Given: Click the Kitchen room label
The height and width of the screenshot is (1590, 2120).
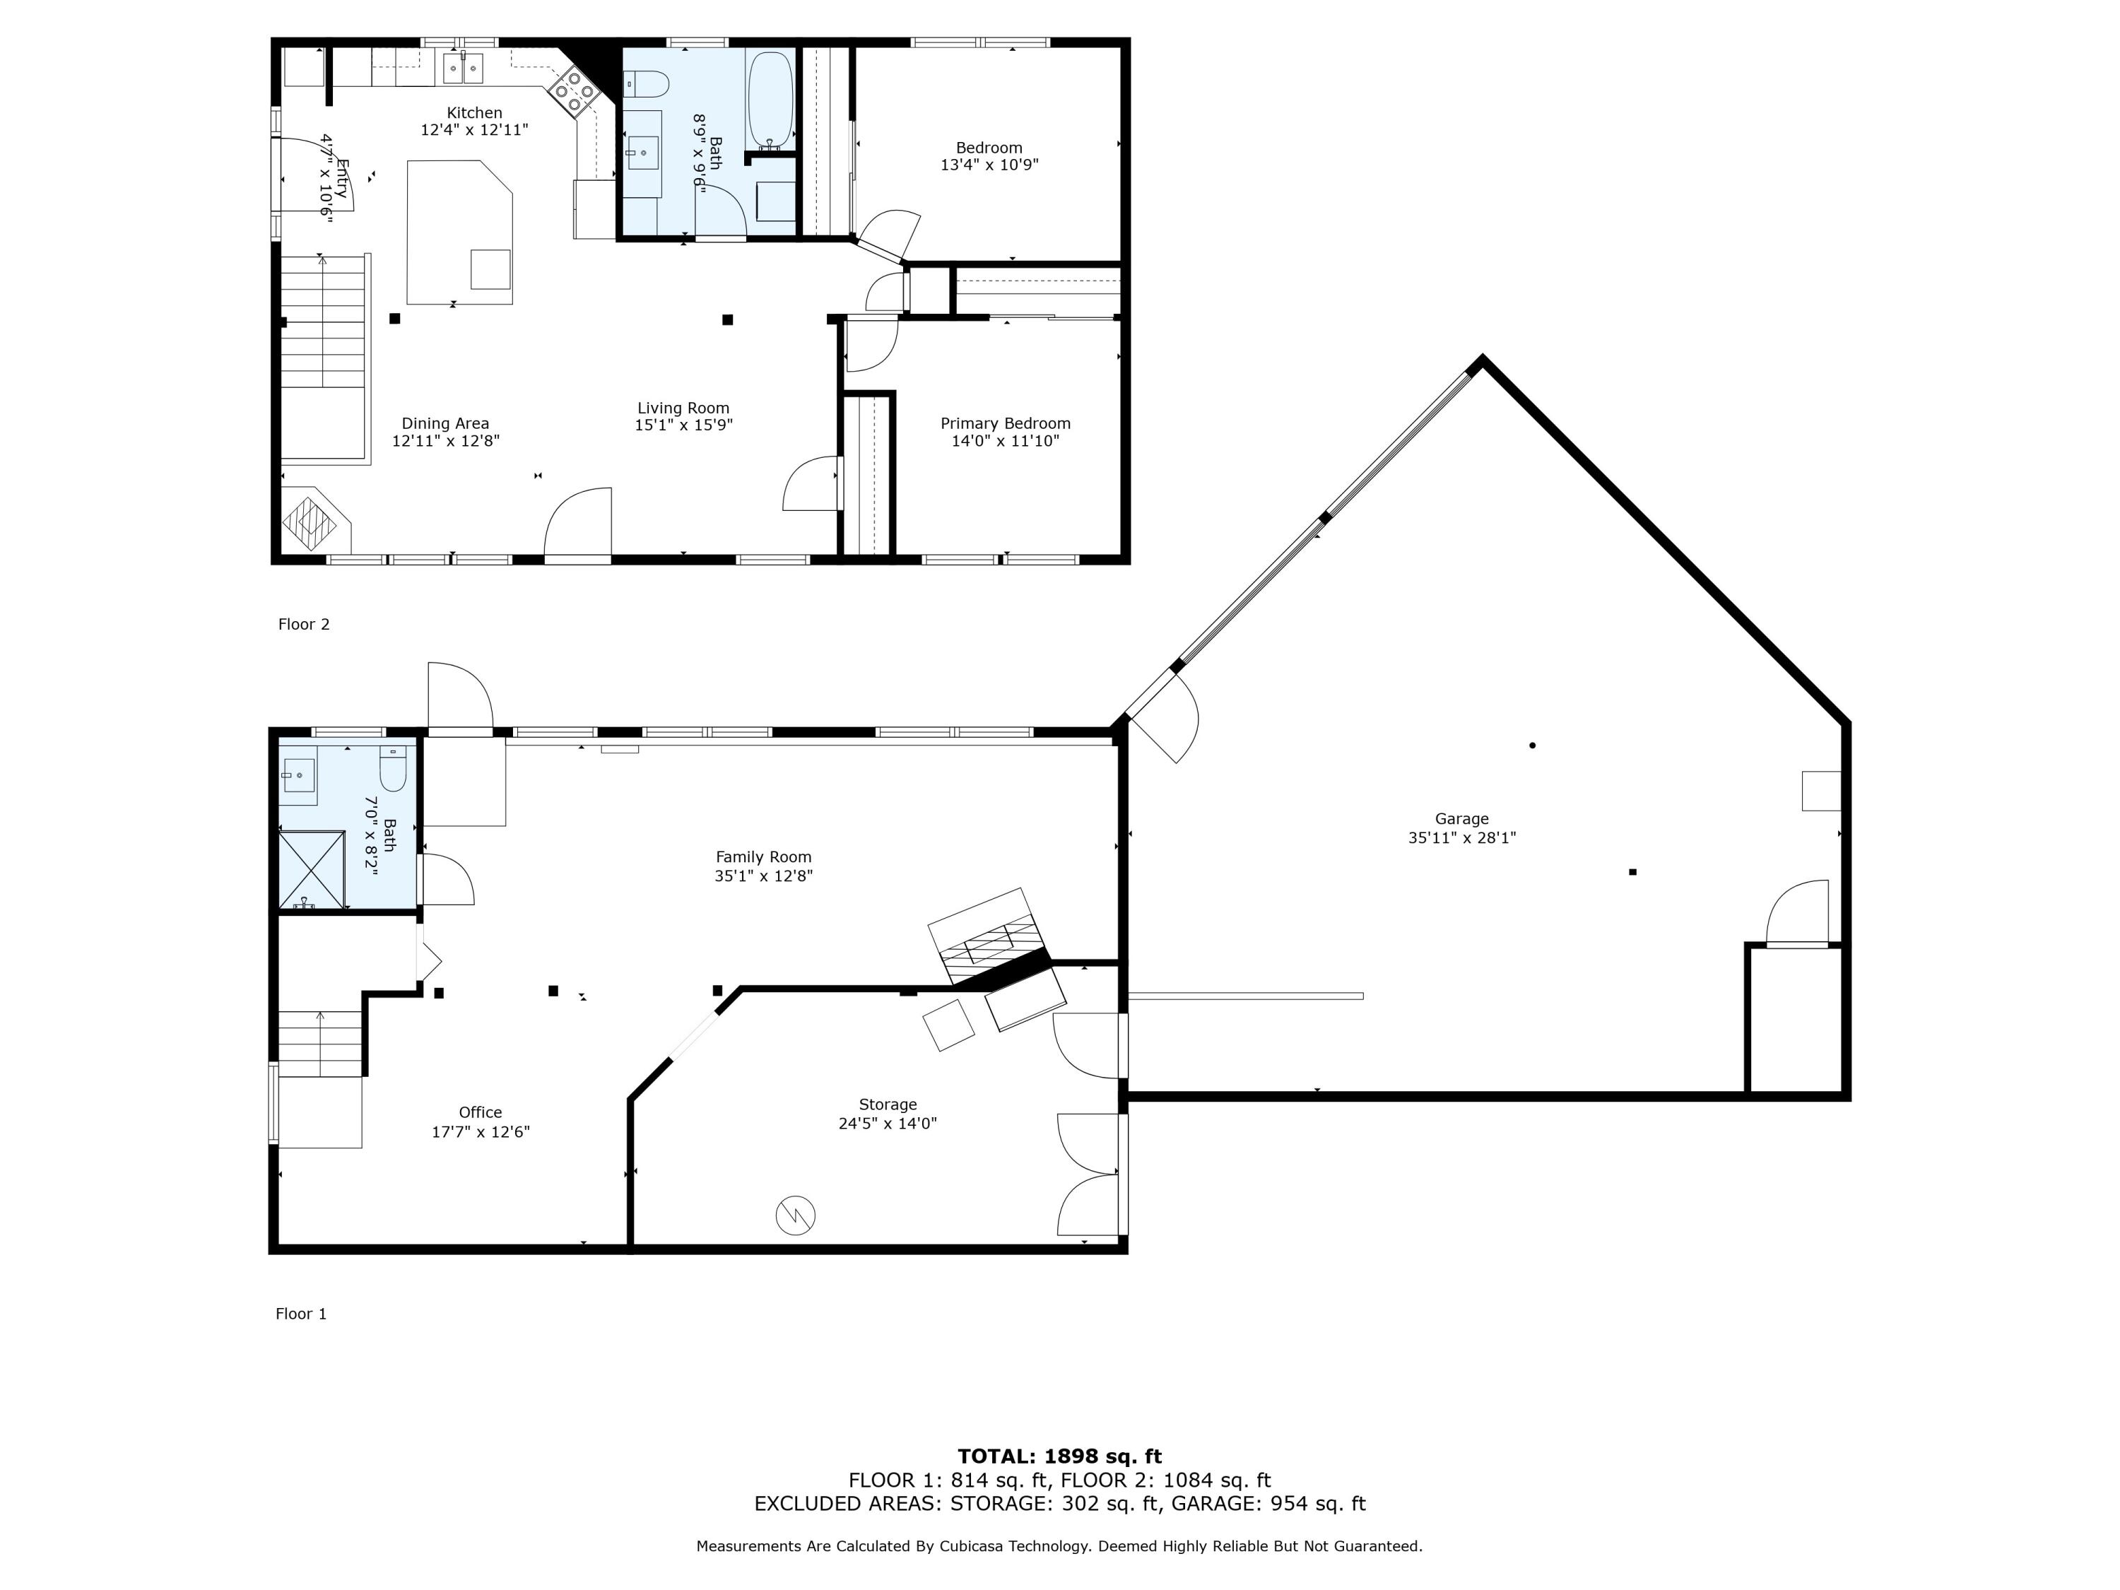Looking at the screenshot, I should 473,113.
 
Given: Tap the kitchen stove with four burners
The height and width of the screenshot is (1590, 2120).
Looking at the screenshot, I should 574,91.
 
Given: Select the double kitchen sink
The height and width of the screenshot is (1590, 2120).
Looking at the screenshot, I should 463,68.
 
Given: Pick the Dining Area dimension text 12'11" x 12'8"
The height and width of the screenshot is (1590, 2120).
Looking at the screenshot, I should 446,441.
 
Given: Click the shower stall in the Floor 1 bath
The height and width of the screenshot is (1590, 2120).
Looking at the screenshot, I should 310,868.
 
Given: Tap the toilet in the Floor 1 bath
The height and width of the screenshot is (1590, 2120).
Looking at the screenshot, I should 394,767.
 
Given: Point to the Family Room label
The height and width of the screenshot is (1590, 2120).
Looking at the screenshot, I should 763,856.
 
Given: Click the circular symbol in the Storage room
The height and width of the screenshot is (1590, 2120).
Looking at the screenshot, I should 794,1215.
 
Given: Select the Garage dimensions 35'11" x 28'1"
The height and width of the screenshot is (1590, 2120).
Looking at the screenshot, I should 1461,837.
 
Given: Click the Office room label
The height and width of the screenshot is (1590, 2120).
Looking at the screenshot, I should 480,1112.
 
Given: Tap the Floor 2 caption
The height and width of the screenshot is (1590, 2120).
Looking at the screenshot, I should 303,624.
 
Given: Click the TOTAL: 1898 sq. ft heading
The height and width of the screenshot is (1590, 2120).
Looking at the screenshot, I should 1059,1456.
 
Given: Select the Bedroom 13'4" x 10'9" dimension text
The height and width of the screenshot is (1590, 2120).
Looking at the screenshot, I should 989,165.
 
